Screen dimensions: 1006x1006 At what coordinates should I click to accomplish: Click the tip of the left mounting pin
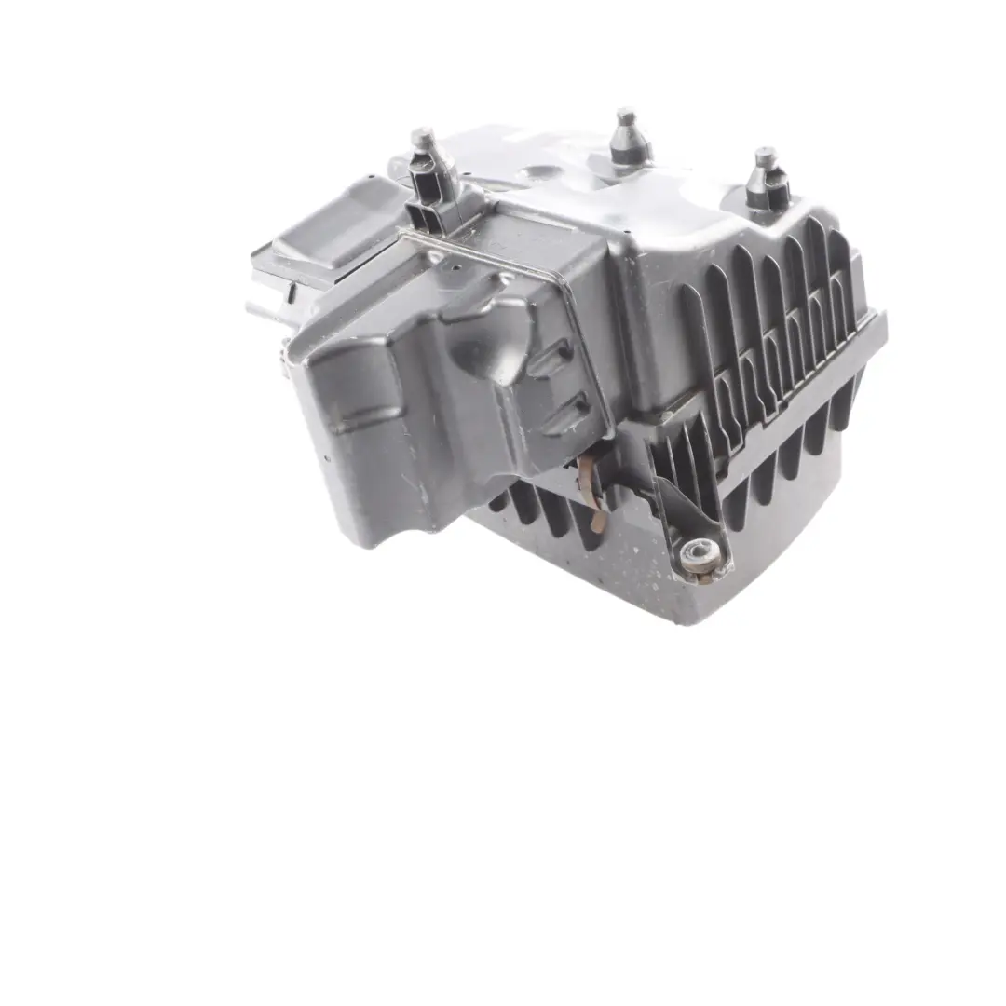click(422, 136)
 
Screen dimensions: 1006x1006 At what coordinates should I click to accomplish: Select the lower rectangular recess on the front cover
click(566, 413)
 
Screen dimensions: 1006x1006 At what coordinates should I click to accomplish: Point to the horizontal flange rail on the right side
click(801, 382)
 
